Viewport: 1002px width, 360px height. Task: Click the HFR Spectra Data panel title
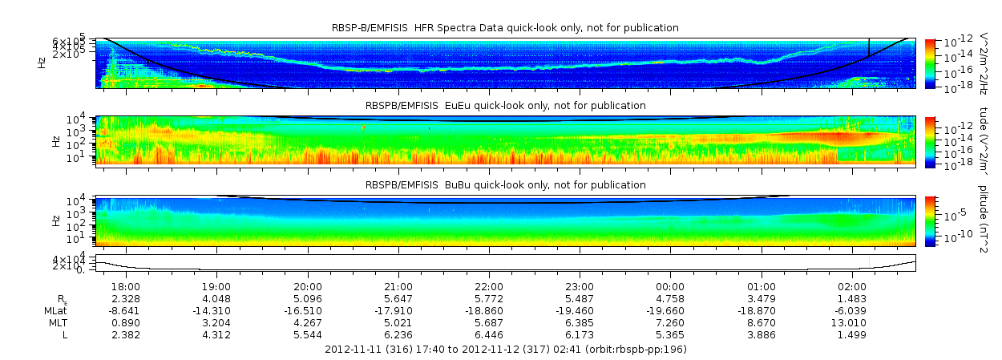pyautogui.click(x=505, y=28)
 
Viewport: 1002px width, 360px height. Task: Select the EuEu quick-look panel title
pyautogui.click(x=505, y=106)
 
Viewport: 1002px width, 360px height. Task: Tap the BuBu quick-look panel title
pyautogui.click(x=505, y=185)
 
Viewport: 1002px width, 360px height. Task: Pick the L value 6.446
pyautogui.click(x=489, y=334)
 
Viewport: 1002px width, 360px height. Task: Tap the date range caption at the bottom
pyautogui.click(x=505, y=350)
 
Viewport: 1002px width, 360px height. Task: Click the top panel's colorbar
pyautogui.click(x=930, y=63)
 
